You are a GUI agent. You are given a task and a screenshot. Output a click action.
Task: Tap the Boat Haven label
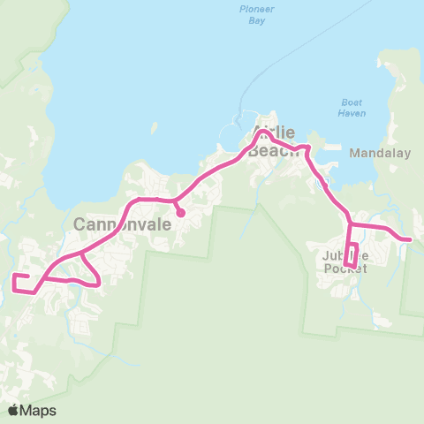[351, 108]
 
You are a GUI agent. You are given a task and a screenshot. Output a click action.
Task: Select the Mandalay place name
[381, 153]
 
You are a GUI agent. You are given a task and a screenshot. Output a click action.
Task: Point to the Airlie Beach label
[275, 142]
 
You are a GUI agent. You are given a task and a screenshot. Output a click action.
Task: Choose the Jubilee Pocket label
[345, 262]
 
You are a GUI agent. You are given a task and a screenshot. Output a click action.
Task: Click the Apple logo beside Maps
[13, 410]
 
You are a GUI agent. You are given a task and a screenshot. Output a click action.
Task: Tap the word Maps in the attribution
[39, 410]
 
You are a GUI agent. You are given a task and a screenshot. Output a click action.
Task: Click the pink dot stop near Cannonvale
[180, 212]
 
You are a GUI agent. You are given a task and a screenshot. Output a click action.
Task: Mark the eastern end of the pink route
[410, 238]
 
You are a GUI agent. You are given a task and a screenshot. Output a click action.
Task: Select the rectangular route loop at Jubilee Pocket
[351, 254]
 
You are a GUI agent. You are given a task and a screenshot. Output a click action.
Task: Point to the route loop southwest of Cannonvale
[89, 272]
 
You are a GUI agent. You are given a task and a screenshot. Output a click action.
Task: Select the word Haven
[351, 113]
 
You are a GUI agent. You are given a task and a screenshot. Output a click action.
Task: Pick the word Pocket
[345, 269]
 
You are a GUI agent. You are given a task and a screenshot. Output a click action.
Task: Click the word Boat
[351, 102]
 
